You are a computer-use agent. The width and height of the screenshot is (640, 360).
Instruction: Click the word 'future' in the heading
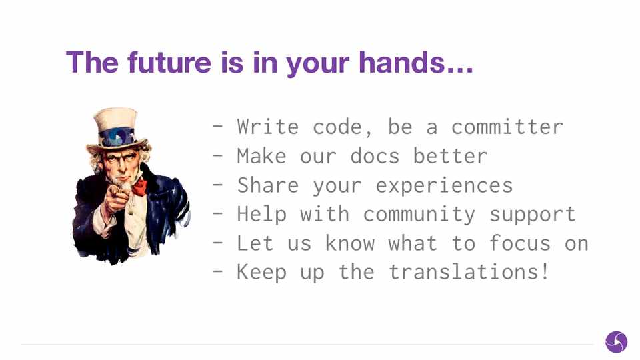pos(169,62)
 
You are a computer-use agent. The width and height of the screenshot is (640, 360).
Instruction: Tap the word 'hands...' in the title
pos(416,62)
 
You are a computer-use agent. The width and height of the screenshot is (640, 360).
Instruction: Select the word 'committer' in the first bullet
pos(507,127)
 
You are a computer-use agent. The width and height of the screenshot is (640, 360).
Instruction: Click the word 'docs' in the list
pos(375,156)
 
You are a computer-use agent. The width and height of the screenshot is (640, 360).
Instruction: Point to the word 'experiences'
pos(444,186)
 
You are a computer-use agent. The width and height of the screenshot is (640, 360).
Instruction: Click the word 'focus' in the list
pos(519,243)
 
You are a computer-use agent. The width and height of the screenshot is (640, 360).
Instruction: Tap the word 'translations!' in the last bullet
pos(469,272)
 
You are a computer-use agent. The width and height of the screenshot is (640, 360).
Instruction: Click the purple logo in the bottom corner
pos(616,341)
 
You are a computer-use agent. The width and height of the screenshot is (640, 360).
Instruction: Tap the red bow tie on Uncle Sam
pos(139,187)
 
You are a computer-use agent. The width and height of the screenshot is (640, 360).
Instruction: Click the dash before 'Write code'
pos(218,127)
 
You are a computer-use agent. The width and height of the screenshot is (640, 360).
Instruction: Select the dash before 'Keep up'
pos(218,272)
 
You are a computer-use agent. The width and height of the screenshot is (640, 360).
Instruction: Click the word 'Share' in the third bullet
pos(268,185)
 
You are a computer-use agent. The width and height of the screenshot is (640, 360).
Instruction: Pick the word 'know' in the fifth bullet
pos(350,243)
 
